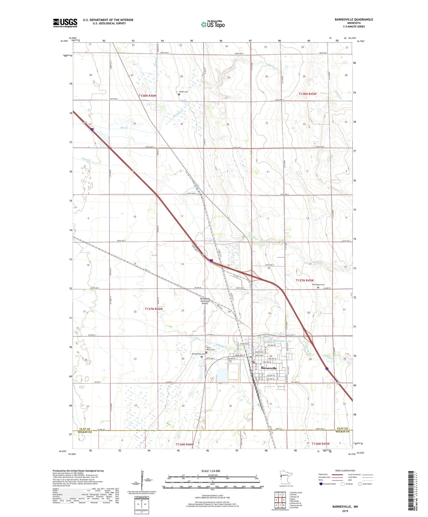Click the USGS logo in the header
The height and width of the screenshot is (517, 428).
(65, 23)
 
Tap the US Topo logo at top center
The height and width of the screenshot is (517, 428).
(212, 24)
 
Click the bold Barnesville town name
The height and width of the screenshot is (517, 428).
(269, 368)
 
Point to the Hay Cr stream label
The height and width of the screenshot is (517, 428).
(124, 128)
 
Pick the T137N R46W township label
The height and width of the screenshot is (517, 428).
(154, 309)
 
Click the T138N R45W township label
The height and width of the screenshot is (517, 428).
(307, 94)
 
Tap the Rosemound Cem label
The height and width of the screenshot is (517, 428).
(198, 354)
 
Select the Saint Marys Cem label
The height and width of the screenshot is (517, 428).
(211, 349)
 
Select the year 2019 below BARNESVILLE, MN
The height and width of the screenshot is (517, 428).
(345, 511)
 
